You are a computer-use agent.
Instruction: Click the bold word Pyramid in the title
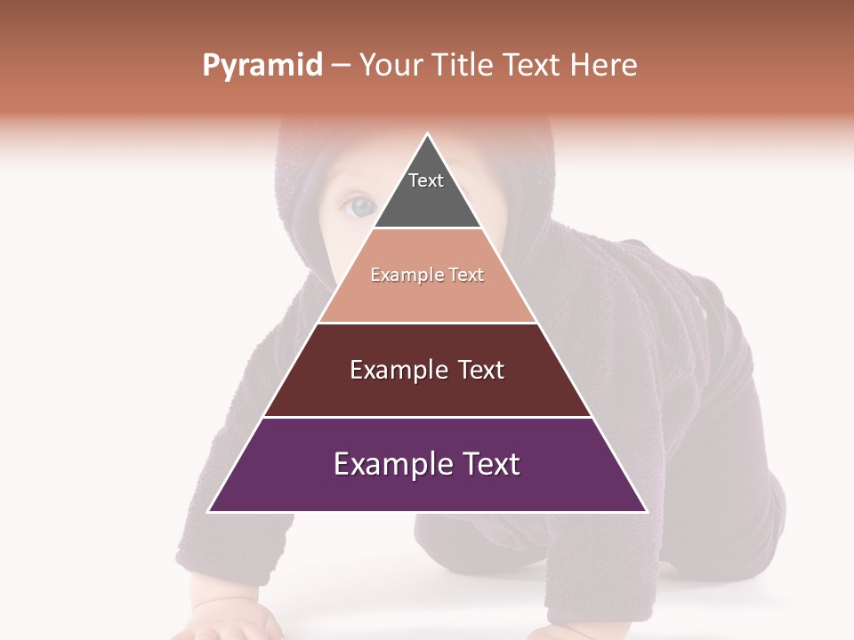click(262, 66)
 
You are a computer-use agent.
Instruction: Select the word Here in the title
click(604, 66)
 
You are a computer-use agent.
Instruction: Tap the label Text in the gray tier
click(426, 180)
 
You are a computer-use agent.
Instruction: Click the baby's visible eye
click(359, 206)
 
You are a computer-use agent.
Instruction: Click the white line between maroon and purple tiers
click(427, 417)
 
